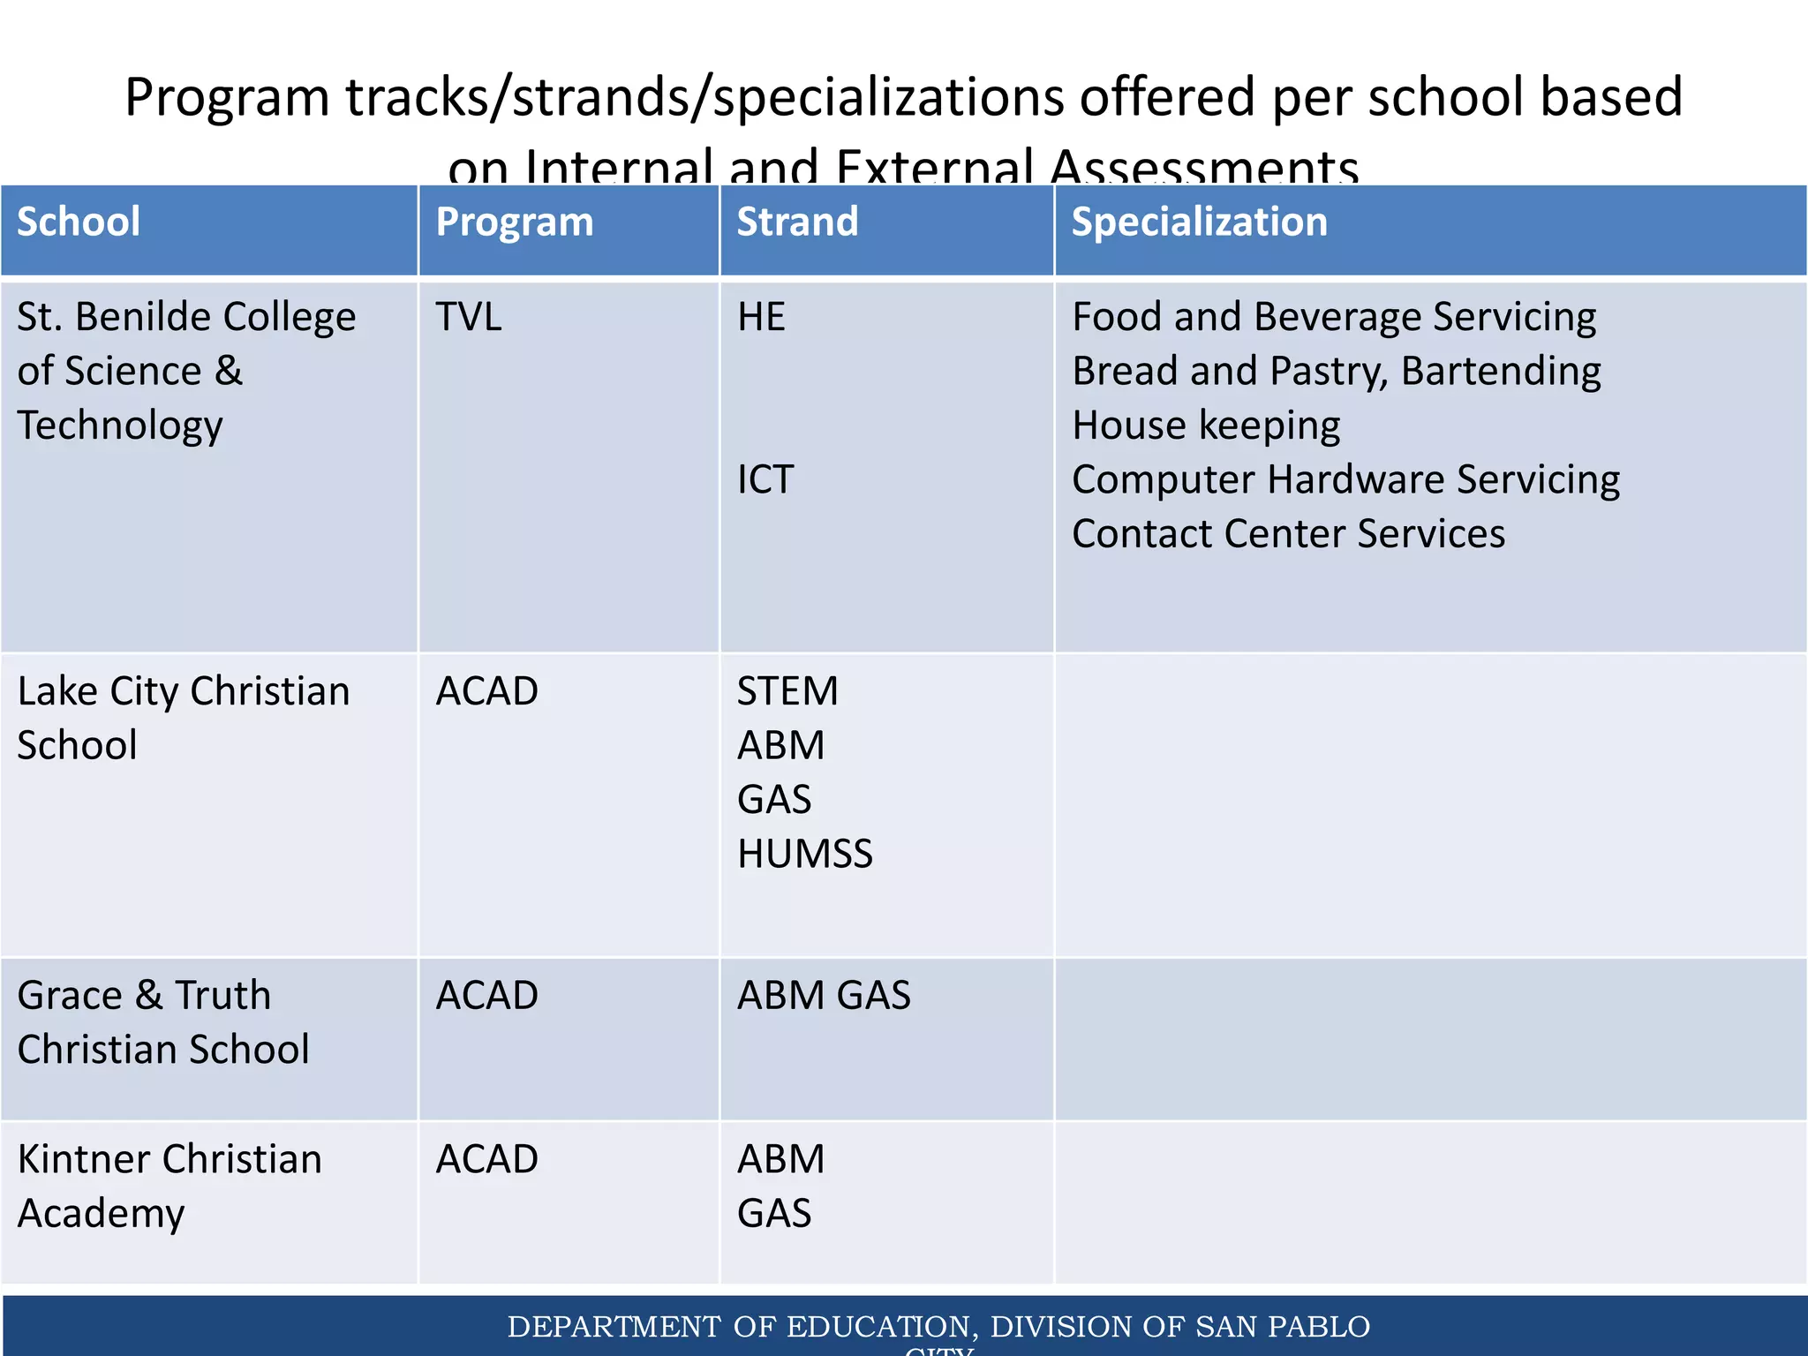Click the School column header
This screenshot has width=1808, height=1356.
click(x=79, y=222)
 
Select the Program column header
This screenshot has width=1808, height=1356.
click(x=515, y=222)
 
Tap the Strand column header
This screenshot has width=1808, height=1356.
click(x=797, y=222)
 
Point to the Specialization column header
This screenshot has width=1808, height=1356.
click(x=1199, y=222)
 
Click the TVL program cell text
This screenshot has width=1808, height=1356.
click(x=469, y=317)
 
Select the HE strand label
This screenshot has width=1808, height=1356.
click(x=761, y=317)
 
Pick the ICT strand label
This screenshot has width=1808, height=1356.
click(x=765, y=479)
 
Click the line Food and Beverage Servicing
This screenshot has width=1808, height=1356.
click(x=1334, y=317)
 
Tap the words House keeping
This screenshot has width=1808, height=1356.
click(x=1206, y=426)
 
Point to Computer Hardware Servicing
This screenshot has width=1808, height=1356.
click(x=1345, y=479)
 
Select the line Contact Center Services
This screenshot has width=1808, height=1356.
click(x=1288, y=534)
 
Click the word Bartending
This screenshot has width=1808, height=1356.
click(x=1501, y=372)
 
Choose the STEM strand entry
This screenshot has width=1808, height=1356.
click(x=787, y=691)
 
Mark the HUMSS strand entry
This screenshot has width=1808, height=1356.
click(x=805, y=854)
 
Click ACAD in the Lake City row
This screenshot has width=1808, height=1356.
click(x=486, y=691)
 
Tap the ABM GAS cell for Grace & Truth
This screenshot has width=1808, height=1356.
click(x=824, y=996)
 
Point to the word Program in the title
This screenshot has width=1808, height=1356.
click(x=227, y=98)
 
